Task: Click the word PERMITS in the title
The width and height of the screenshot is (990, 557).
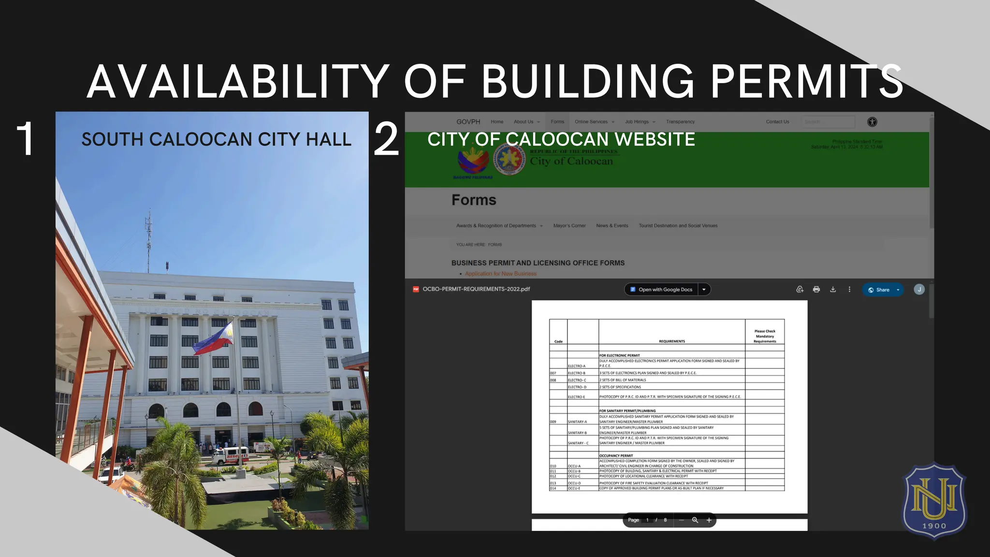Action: pyautogui.click(x=806, y=81)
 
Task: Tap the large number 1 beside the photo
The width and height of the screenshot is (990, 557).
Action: pyautogui.click(x=25, y=139)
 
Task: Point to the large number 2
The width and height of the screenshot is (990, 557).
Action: pyautogui.click(x=386, y=140)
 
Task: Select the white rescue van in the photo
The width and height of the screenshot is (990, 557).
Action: pyautogui.click(x=231, y=455)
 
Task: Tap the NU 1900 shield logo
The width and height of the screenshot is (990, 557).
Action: pyautogui.click(x=934, y=500)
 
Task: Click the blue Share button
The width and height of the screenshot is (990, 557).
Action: pyautogui.click(x=882, y=290)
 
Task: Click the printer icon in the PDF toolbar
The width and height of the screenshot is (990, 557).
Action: pyautogui.click(x=816, y=290)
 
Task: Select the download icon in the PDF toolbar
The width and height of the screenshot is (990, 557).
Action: pyautogui.click(x=833, y=290)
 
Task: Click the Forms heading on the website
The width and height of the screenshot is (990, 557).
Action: pyautogui.click(x=474, y=200)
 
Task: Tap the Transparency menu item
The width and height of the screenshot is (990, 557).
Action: pyautogui.click(x=680, y=122)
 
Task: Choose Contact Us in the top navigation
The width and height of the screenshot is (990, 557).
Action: pyautogui.click(x=777, y=122)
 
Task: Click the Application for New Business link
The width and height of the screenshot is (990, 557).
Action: pyautogui.click(x=500, y=274)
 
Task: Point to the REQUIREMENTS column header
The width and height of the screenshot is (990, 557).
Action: pyautogui.click(x=672, y=341)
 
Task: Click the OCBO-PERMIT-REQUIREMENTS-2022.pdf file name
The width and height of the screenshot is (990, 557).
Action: pyautogui.click(x=476, y=289)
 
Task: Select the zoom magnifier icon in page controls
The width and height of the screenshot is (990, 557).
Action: pyautogui.click(x=695, y=520)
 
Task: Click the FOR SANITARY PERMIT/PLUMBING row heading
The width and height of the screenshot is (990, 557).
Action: pyautogui.click(x=627, y=410)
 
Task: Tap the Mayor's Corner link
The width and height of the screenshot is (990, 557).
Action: pyautogui.click(x=569, y=226)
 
